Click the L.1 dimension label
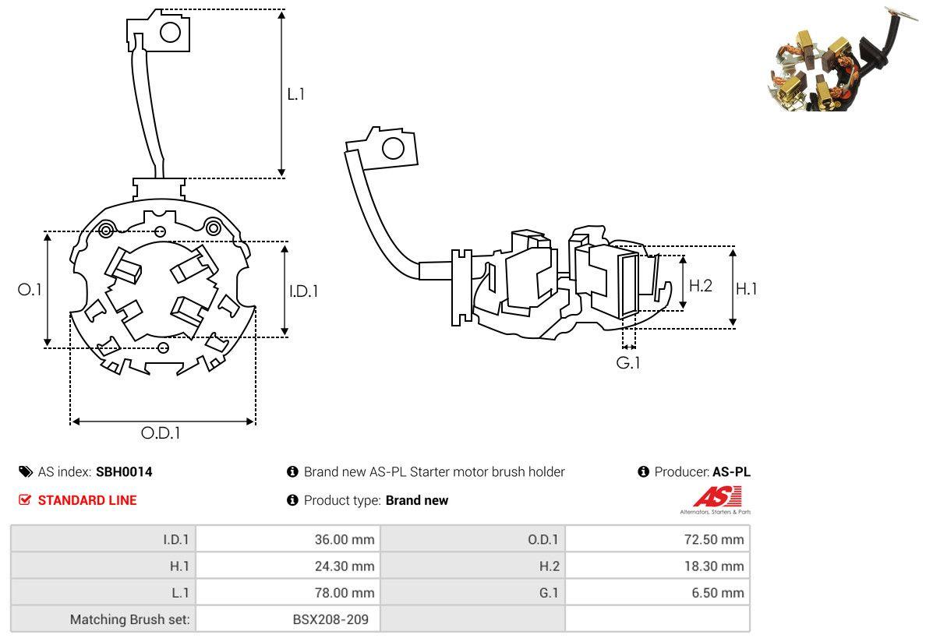point(296,94)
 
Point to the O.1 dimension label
point(30,289)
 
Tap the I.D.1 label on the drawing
point(304,291)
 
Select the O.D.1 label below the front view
point(161,433)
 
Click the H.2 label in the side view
point(700,286)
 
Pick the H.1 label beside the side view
point(746,289)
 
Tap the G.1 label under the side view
point(628,362)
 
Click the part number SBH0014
point(124,471)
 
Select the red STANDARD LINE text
point(87,500)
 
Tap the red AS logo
point(716,496)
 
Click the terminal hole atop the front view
point(170,33)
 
